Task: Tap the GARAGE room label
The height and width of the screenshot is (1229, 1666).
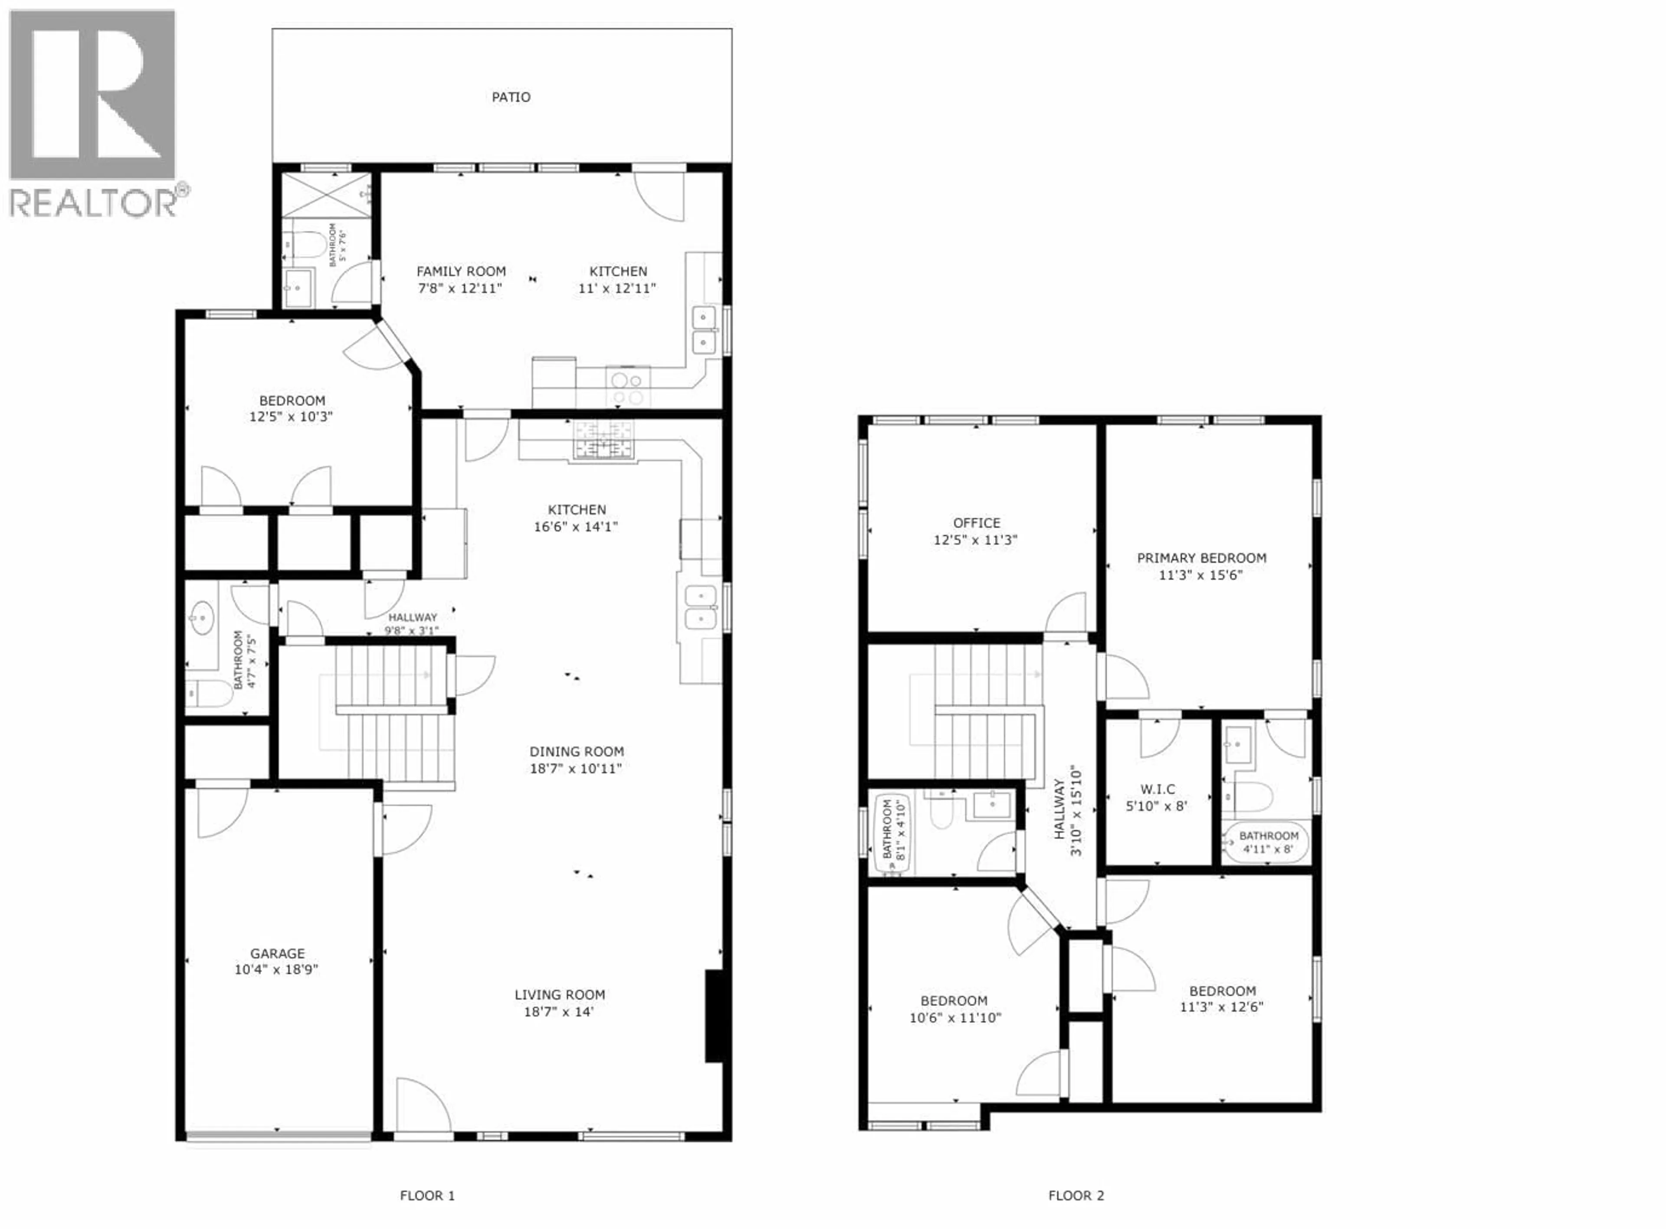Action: [277, 953]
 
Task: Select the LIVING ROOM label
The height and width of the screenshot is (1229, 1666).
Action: [559, 994]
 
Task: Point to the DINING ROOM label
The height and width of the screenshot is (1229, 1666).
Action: [576, 751]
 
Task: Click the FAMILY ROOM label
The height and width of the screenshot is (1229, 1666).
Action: [461, 271]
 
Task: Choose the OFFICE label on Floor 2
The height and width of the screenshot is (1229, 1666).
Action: [976, 523]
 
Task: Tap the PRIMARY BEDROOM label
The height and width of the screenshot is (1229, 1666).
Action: [1201, 558]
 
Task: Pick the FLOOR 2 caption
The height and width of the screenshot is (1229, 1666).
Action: [1076, 1196]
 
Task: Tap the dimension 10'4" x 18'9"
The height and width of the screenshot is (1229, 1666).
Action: [276, 969]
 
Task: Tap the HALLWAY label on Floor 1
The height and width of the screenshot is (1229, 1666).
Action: [412, 617]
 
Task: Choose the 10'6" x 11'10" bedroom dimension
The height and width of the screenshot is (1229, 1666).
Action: [954, 1018]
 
